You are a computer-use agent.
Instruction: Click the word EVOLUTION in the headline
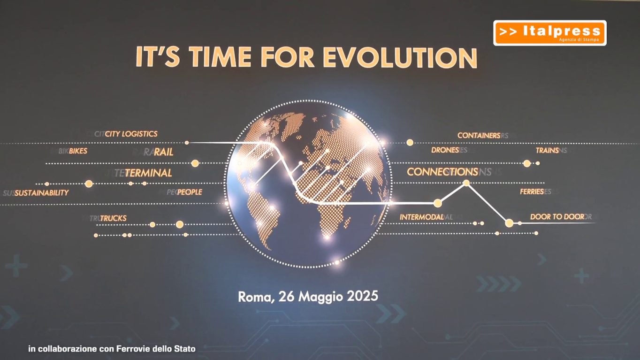pos(400,57)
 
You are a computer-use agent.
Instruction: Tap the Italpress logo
pos(550,33)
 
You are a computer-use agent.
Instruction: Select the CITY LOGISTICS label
pos(131,134)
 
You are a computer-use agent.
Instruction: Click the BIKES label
pos(78,151)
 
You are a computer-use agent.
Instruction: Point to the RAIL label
pos(163,152)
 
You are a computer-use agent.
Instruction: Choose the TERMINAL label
pos(148,173)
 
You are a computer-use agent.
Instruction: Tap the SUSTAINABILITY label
pos(42,193)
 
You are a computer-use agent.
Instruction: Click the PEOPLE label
pos(190,192)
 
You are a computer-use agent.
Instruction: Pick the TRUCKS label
pos(113,218)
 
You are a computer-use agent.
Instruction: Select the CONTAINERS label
pos(479,136)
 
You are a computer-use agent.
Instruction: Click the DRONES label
pos(445,150)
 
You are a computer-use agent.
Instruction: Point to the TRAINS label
pos(547,150)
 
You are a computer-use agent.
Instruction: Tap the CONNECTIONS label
pos(442,172)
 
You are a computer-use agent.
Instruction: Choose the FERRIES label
pos(532,191)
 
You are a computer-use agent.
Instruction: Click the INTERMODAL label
pos(422,217)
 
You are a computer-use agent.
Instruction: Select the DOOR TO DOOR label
pos(557,216)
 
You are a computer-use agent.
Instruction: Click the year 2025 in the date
pos(363,296)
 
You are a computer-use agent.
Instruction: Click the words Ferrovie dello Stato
pos(156,349)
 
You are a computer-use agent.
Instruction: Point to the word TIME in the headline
pos(220,57)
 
